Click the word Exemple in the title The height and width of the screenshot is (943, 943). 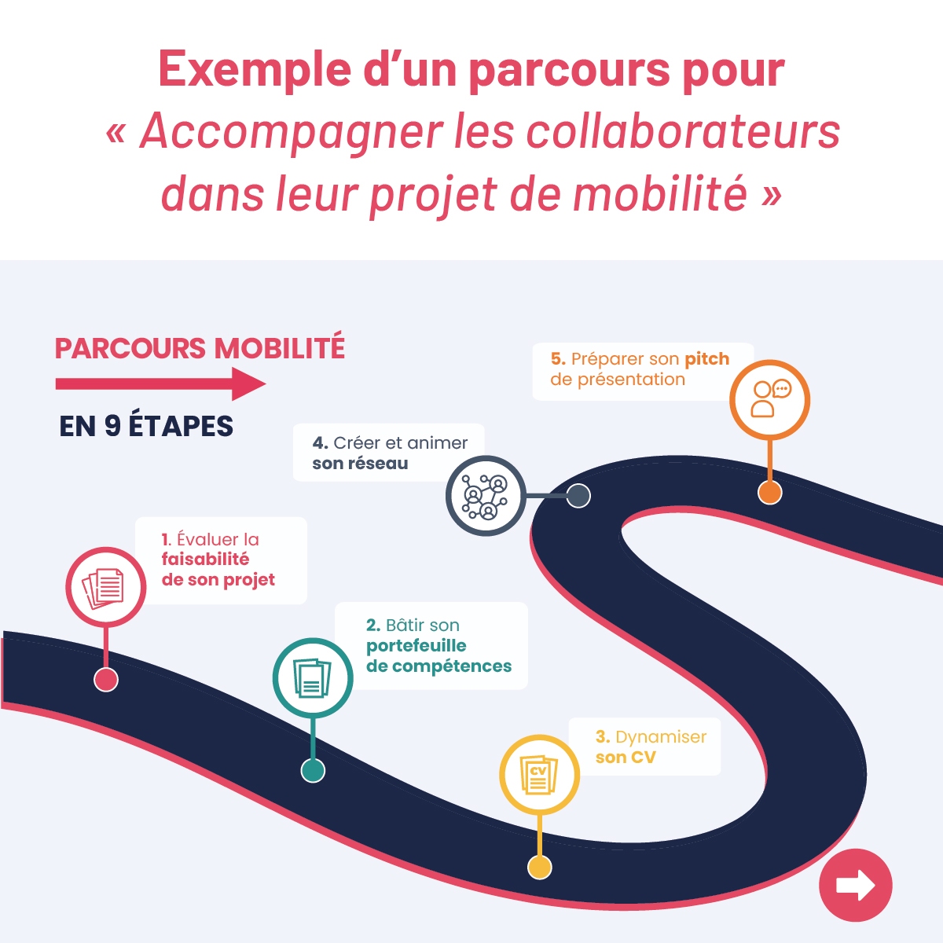tap(255, 69)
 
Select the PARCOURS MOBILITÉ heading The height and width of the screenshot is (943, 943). tap(200, 347)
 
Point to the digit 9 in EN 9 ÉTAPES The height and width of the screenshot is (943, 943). tap(112, 426)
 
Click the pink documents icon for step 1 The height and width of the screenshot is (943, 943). tap(103, 587)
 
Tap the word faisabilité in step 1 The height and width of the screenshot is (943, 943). tap(206, 560)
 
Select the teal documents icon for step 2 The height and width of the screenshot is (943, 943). tap(312, 678)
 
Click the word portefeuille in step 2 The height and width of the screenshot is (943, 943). tap(416, 646)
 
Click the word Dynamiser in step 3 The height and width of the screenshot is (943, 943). tap(661, 736)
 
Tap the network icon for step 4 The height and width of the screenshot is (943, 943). tap(485, 497)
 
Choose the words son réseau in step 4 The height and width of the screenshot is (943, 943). tap(360, 464)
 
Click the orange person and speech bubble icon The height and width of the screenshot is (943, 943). tap(771, 399)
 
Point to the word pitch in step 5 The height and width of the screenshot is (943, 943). tap(707, 360)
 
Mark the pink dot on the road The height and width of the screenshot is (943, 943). tap(106, 680)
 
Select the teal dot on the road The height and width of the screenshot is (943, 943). tap(313, 770)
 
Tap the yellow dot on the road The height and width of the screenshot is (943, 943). tap(539, 868)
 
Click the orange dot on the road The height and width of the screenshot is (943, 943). tap(770, 492)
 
